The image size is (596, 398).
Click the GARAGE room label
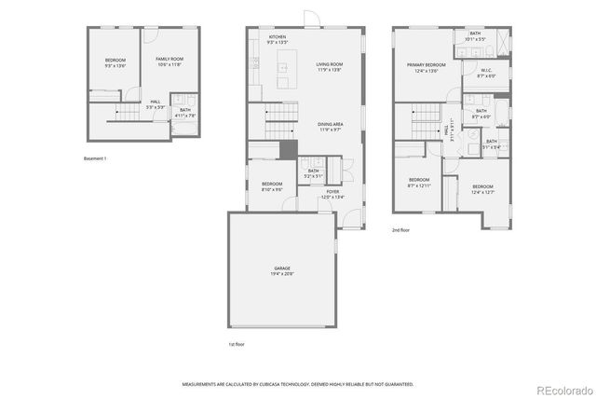click(x=281, y=268)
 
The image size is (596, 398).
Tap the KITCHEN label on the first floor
click(x=278, y=37)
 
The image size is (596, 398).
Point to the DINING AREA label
click(x=331, y=124)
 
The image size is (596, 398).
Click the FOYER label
click(x=332, y=192)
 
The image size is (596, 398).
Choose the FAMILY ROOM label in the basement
click(x=169, y=59)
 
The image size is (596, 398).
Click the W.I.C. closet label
click(x=486, y=70)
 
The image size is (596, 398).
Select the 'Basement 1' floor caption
click(x=95, y=158)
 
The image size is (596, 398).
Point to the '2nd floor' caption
click(x=401, y=228)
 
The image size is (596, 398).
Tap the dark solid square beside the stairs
click(x=288, y=149)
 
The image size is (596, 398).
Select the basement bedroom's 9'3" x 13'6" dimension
click(x=115, y=64)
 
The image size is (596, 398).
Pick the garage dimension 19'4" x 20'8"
click(x=281, y=274)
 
